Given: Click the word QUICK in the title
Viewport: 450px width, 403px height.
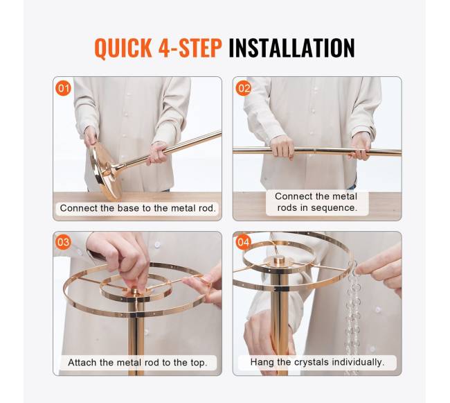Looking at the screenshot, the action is point(123,48).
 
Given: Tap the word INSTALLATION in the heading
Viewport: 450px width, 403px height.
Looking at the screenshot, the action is point(292,48).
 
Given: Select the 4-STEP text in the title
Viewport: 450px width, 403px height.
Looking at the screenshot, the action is point(190,48).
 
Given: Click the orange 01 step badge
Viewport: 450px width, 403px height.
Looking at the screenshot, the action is point(64,88).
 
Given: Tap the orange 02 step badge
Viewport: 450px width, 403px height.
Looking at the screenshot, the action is point(244,88).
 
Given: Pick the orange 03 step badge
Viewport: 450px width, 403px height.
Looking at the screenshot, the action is point(64,242).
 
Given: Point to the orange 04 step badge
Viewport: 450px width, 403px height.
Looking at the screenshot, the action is point(244,242).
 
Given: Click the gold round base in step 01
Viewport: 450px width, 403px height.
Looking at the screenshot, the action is point(105,171).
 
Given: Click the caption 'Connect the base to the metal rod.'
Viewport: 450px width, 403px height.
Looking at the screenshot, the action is point(138,208).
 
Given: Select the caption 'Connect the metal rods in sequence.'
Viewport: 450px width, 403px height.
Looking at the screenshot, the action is point(316,202).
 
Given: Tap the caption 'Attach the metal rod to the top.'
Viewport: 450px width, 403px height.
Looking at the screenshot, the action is point(138,363).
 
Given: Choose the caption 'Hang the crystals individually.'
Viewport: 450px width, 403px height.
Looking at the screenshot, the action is point(317,362).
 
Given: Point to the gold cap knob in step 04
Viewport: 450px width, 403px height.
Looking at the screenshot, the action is point(279,261).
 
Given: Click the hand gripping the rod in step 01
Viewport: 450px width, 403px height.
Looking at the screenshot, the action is point(156,154).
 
